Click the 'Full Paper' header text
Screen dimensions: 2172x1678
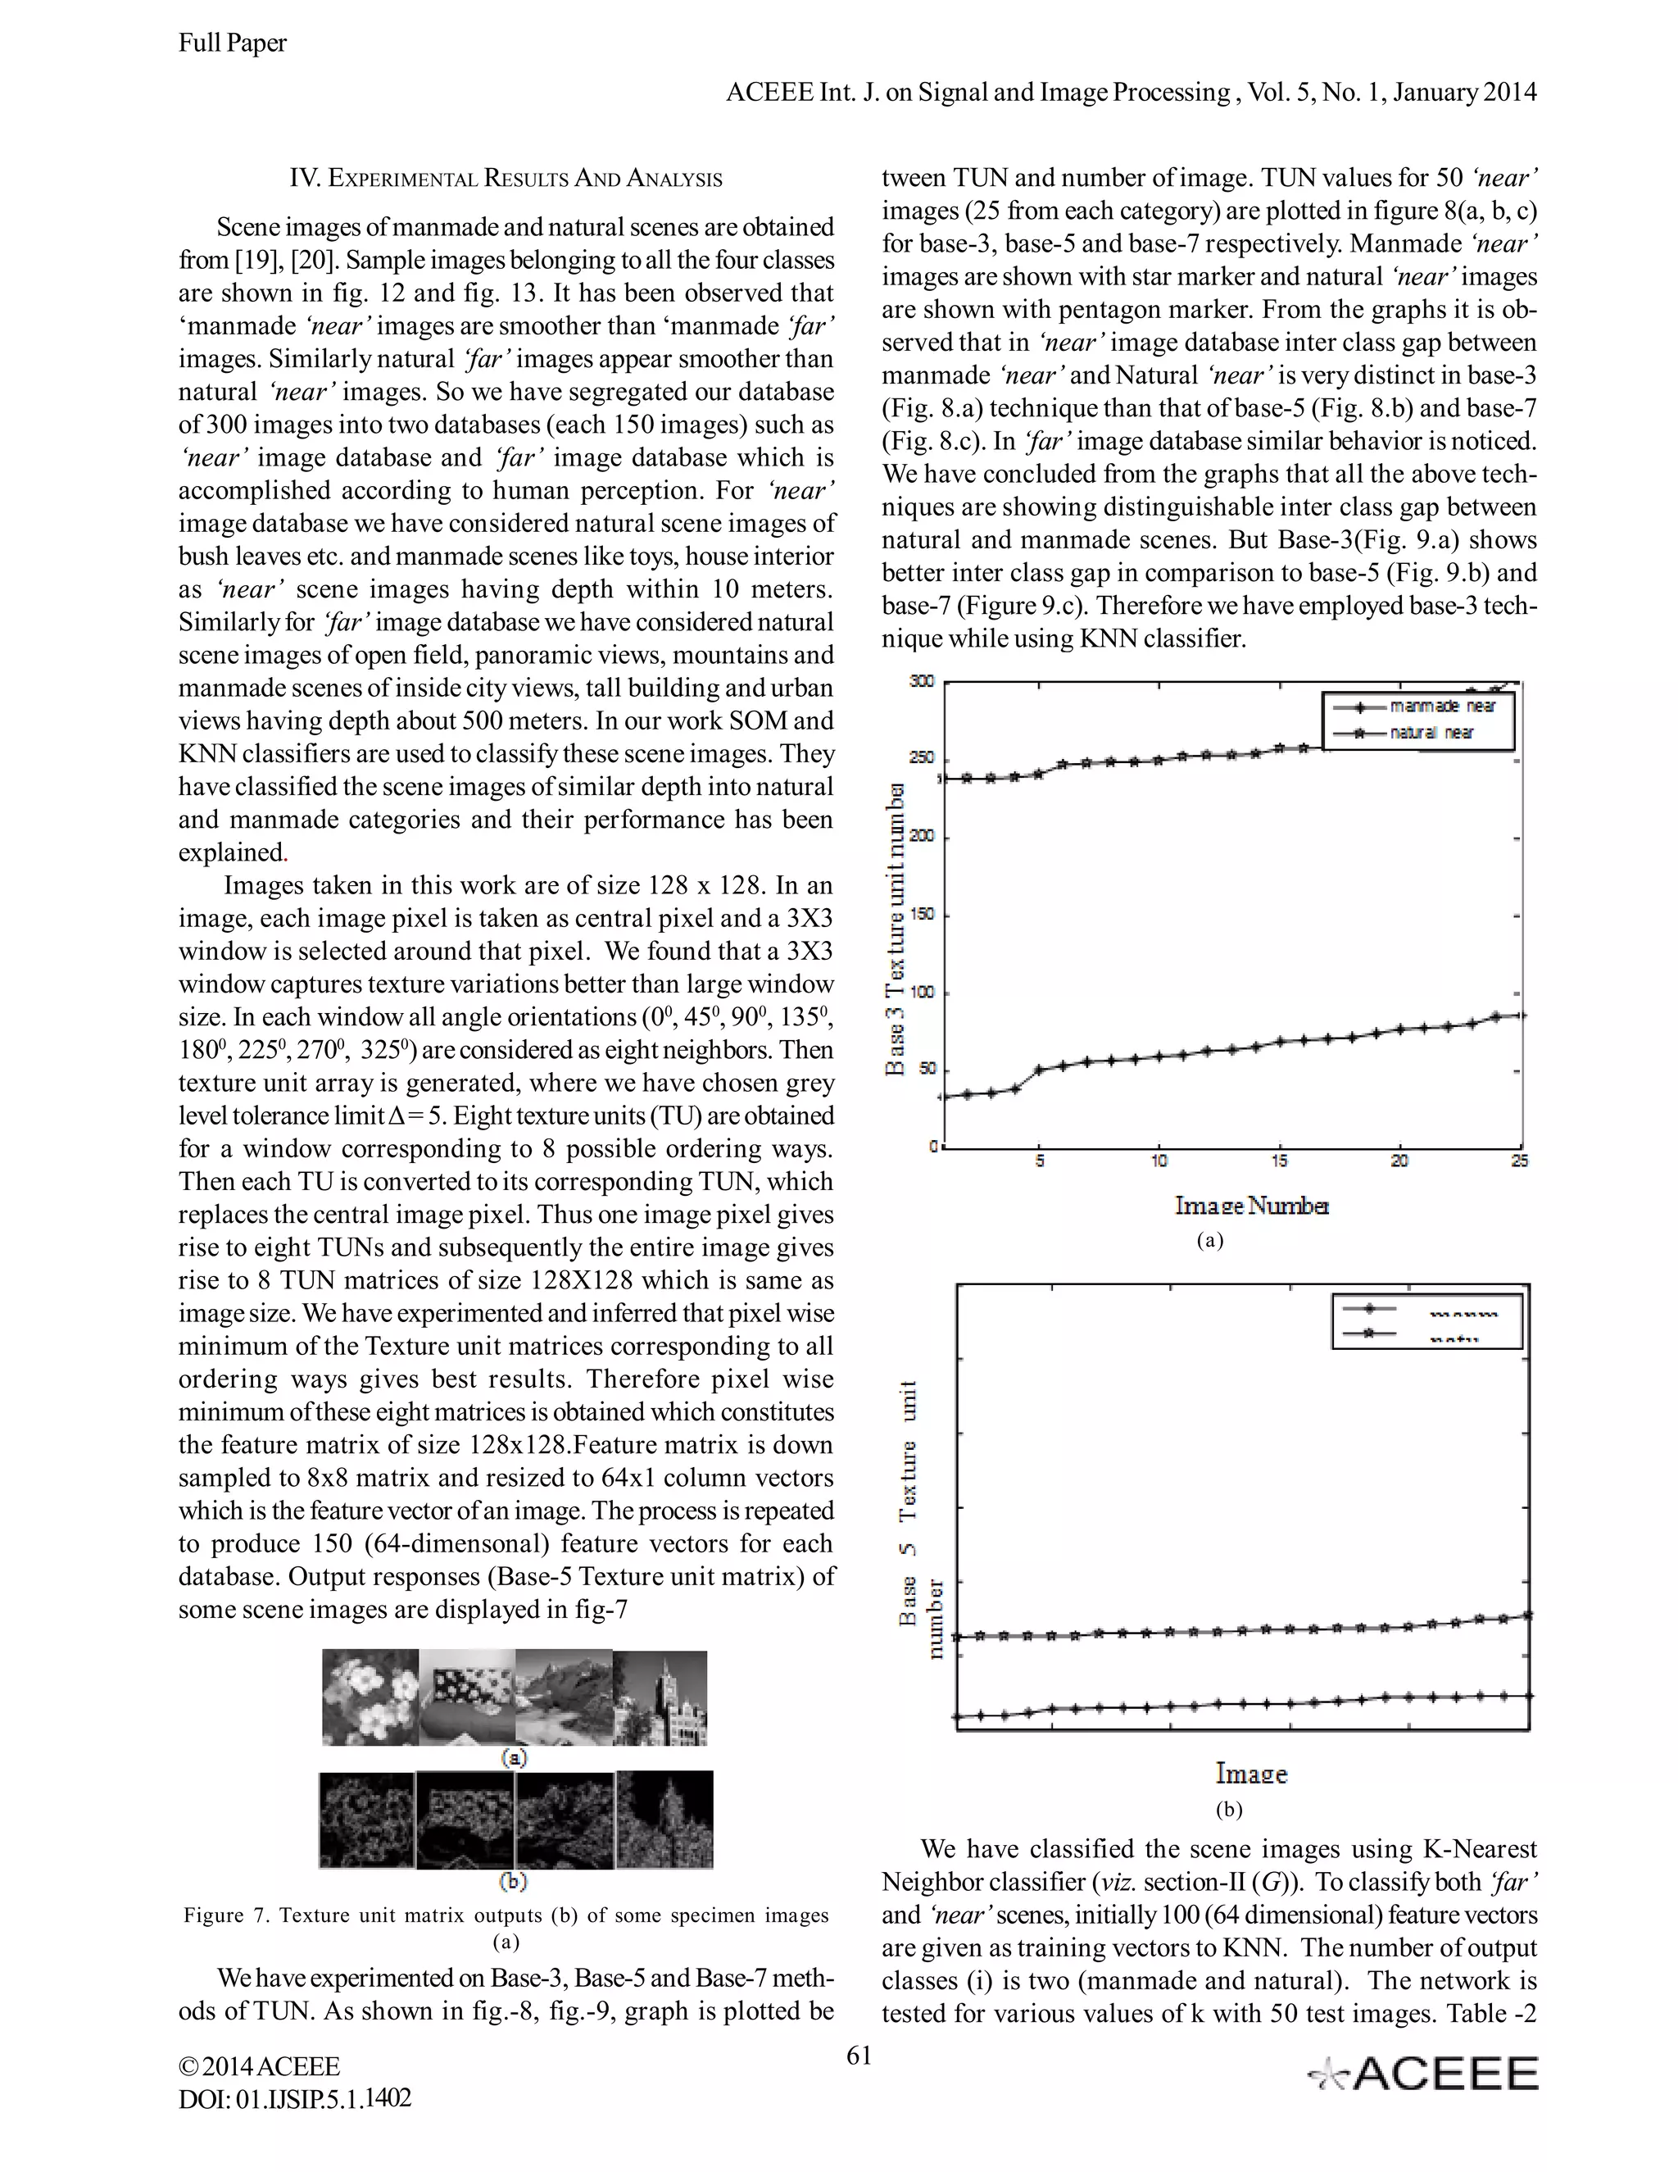(232, 43)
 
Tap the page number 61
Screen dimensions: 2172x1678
(859, 2055)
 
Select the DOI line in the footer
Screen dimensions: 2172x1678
(294, 2098)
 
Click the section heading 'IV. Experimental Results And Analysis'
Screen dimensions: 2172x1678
(505, 179)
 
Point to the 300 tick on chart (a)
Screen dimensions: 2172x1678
(922, 681)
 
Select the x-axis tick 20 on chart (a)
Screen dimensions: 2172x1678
(1399, 1161)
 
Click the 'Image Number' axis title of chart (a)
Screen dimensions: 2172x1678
(1252, 1206)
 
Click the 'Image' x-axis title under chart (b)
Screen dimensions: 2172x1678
(1250, 1773)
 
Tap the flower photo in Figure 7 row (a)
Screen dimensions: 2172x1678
(370, 1698)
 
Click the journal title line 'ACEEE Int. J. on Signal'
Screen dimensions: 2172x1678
(1130, 93)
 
